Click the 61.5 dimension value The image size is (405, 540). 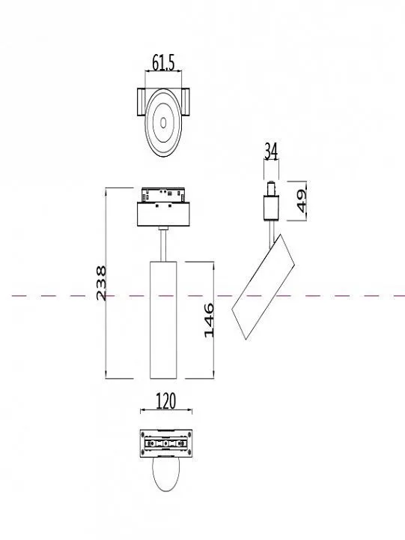click(163, 63)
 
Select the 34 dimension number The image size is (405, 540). click(271, 151)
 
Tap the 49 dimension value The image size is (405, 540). click(301, 201)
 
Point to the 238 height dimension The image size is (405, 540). click(101, 283)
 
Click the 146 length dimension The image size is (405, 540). click(209, 320)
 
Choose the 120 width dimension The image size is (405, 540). click(165, 401)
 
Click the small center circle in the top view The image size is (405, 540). click(163, 122)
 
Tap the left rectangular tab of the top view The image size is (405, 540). click(141, 101)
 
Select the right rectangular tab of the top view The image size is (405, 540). click(186, 101)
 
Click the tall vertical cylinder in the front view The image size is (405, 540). click(163, 320)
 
